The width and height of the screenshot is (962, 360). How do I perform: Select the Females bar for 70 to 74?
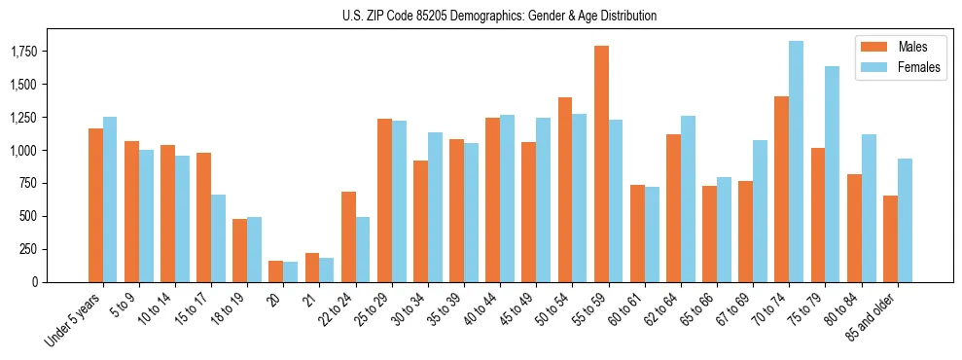[x=796, y=162]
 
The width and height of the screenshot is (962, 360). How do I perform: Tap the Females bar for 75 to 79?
[x=832, y=174]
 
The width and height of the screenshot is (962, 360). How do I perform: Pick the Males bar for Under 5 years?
[x=95, y=205]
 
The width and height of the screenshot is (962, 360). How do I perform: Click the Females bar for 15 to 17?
[x=218, y=238]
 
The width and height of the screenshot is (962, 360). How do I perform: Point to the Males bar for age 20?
[x=275, y=271]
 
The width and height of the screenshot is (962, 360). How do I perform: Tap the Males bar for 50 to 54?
[x=565, y=190]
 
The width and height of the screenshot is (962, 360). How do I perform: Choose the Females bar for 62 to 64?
[x=688, y=198]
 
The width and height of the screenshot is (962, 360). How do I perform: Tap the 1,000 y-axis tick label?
[x=49, y=151]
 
